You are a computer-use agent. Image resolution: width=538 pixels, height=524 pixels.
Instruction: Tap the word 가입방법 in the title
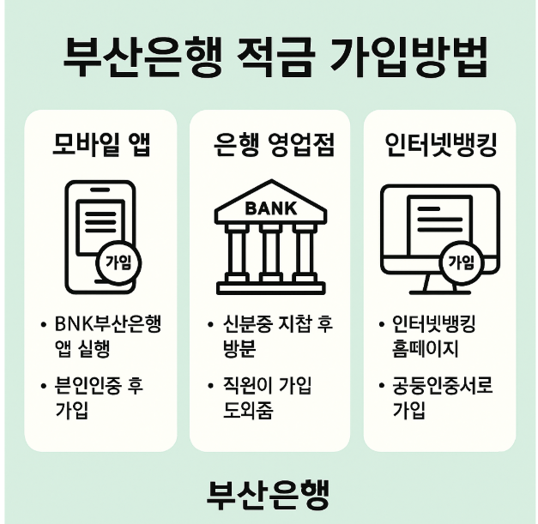click(x=408, y=58)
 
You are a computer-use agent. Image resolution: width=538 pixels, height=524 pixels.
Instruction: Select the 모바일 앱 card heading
click(x=100, y=145)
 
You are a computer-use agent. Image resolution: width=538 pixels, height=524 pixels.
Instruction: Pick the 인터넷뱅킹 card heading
click(x=439, y=145)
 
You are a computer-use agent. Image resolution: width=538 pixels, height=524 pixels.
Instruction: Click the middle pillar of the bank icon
click(x=270, y=253)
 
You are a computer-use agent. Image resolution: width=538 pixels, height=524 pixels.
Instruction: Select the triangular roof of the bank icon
click(x=270, y=202)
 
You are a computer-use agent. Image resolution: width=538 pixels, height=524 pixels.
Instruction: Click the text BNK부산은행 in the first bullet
click(x=107, y=326)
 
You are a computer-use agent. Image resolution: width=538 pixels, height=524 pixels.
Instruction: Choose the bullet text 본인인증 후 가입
click(x=94, y=398)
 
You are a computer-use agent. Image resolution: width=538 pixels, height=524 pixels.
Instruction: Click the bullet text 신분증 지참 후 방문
click(x=270, y=336)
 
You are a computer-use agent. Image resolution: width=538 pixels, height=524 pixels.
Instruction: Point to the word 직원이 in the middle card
click(x=247, y=386)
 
